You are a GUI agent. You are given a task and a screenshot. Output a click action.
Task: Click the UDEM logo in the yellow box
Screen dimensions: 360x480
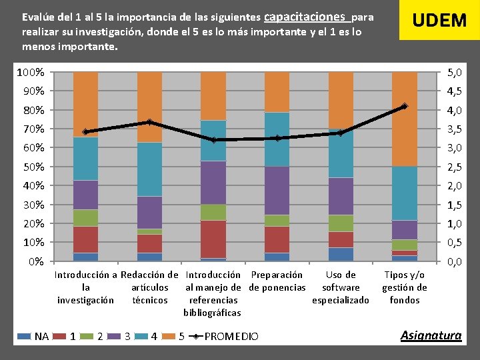pos(439,20)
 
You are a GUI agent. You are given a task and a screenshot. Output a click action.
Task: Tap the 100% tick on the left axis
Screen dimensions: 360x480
pos(31,72)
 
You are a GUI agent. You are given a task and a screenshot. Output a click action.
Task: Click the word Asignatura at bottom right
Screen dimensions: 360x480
pos(430,335)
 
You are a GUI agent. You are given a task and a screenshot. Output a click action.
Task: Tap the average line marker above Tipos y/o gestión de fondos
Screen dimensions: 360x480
pos(404,107)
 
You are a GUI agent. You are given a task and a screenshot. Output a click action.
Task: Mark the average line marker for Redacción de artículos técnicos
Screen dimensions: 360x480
pos(149,122)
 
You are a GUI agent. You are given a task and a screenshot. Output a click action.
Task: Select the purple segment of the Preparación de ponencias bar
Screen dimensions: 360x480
pos(277,191)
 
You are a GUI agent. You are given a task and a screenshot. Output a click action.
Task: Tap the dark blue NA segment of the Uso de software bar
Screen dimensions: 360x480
pos(341,254)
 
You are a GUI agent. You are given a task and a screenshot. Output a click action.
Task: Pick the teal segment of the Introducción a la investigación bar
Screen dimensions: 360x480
pos(85,159)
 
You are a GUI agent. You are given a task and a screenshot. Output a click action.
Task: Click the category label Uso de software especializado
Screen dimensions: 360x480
pos(341,287)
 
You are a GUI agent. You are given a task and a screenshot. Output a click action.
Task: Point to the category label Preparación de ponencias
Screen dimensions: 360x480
pos(277,281)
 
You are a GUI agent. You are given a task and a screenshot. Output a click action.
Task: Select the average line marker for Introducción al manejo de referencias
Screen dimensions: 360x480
pos(213,140)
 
